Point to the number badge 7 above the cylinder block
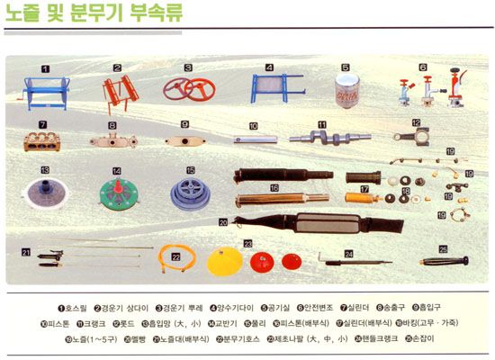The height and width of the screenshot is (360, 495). tap(42, 122)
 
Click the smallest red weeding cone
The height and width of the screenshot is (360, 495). tap(290, 262)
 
